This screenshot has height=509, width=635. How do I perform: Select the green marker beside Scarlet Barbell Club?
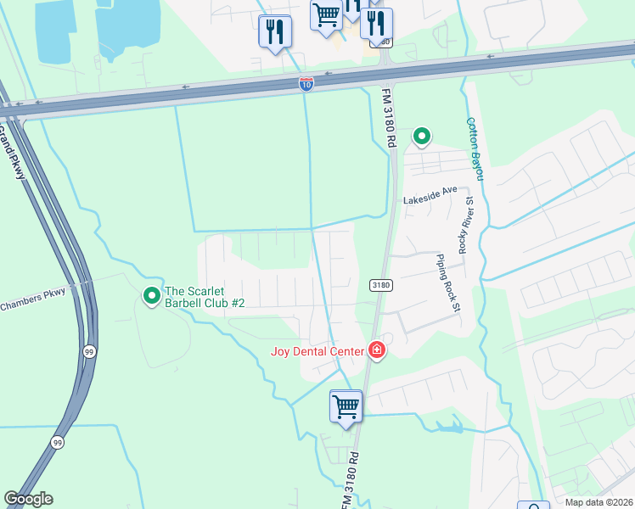pyautogui.click(x=152, y=295)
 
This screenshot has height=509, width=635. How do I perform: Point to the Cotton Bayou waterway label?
pyautogui.click(x=475, y=148)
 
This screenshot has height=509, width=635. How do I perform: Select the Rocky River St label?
pyautogui.click(x=464, y=225)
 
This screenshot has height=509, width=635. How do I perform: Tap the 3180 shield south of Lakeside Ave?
pyautogui.click(x=379, y=285)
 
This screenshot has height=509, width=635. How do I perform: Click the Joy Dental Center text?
pyautogui.click(x=317, y=350)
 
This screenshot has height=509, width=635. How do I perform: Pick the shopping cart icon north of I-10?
pyautogui.click(x=326, y=15)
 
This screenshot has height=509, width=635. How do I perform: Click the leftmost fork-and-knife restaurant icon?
pyautogui.click(x=274, y=32)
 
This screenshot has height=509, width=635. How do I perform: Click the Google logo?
pyautogui.click(x=28, y=499)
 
